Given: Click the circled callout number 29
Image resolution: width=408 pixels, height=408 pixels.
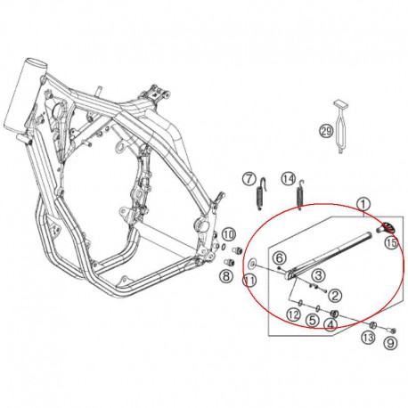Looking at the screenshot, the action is tap(326, 132).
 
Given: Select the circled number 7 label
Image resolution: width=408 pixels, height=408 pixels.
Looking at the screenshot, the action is tap(249, 179).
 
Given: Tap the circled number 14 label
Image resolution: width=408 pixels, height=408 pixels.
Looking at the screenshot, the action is tap(289, 179).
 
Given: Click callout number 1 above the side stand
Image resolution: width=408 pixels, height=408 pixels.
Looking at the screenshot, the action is tap(363, 205).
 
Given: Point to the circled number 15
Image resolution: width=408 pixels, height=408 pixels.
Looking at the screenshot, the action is tap(392, 243).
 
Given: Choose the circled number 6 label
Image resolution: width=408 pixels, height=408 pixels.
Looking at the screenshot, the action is tap(280, 258).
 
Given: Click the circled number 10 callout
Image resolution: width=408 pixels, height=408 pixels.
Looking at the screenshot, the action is tap(229, 234).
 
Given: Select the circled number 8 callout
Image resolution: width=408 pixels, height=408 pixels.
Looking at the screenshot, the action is tap(226, 277).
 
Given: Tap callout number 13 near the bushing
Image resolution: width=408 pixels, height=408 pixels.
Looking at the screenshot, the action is tap(368, 338).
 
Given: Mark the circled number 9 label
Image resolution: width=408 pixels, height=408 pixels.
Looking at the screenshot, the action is tap(390, 343).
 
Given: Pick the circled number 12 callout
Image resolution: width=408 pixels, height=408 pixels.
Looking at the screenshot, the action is tap(293, 314).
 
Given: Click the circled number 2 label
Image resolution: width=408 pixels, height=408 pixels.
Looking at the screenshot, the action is tap(335, 296).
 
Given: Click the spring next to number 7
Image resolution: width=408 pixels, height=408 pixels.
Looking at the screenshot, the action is tap(260, 194).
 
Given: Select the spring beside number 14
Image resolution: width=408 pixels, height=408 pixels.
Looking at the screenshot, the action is tap(300, 194).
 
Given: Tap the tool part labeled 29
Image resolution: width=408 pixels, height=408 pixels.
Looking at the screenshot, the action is tap(340, 127).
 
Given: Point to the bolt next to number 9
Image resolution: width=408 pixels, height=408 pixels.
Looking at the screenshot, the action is tap(393, 330).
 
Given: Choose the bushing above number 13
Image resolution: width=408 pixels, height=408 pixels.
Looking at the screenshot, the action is tap(373, 325).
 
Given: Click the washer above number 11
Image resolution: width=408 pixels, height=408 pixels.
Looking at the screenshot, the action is tap(253, 263).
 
